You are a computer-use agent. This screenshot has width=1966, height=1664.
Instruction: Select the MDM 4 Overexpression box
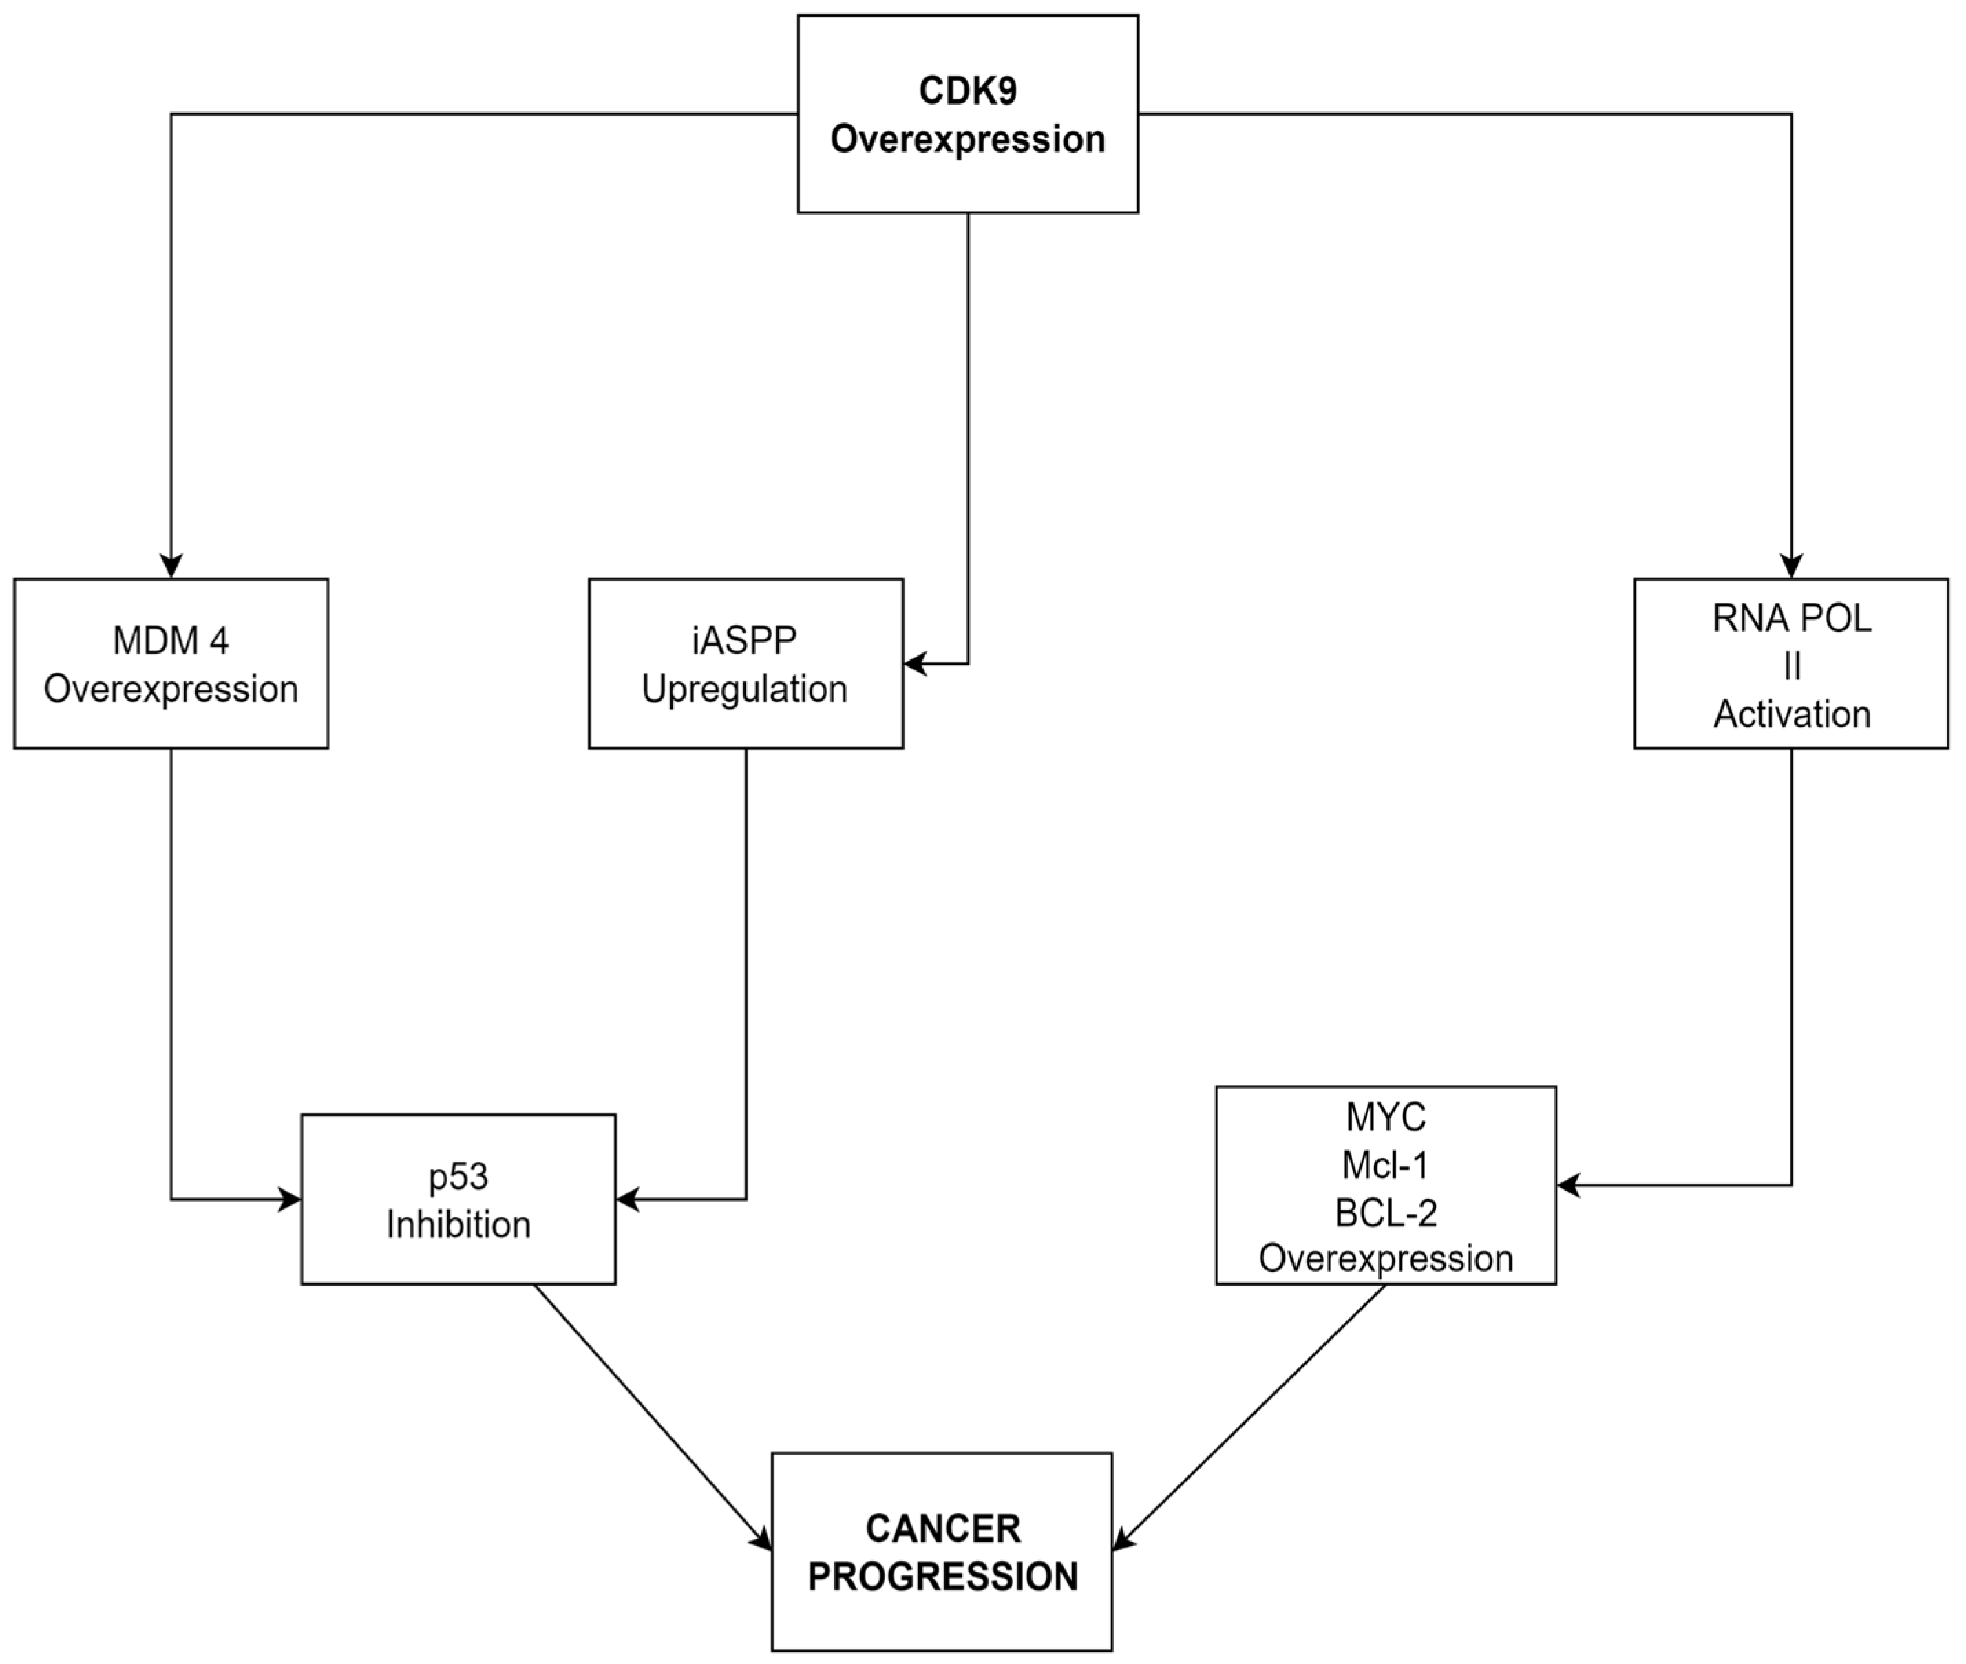(x=171, y=663)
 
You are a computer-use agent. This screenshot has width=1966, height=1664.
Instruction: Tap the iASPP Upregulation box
(x=746, y=663)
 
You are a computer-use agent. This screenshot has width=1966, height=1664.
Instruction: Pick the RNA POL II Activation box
(x=1790, y=663)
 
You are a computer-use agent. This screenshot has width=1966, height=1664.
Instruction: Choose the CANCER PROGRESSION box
(x=942, y=1552)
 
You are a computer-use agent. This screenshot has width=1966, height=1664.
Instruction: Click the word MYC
(x=1385, y=1117)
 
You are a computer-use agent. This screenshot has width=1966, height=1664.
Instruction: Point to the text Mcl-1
(x=1385, y=1165)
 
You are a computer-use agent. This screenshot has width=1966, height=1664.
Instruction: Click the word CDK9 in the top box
(x=967, y=91)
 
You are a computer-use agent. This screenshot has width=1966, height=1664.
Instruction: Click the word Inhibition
(x=458, y=1224)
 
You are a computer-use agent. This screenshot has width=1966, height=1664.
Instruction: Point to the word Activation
(x=1791, y=714)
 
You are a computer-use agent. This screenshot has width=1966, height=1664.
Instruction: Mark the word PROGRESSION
(x=942, y=1577)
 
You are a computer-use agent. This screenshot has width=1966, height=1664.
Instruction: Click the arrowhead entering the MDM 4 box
(x=171, y=566)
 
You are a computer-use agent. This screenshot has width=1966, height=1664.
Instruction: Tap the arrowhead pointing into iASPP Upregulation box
(x=915, y=663)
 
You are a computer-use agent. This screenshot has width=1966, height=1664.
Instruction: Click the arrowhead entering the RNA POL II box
(x=1790, y=566)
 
